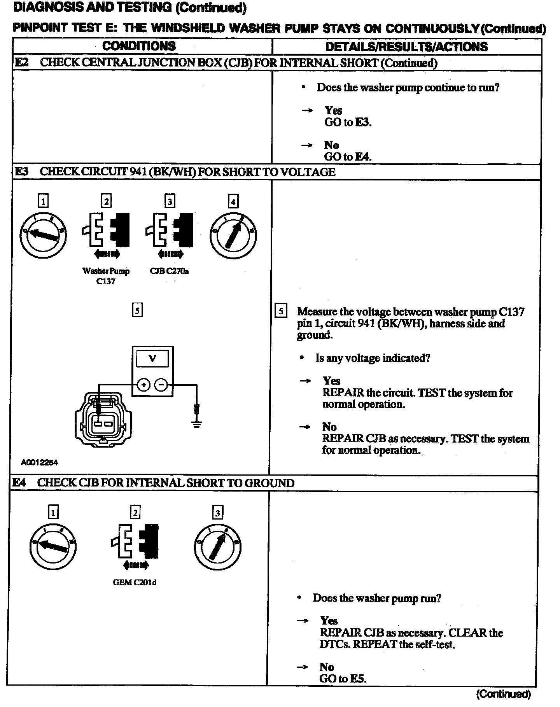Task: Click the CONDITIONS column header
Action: pos(139,46)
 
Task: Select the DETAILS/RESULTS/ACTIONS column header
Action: pos(406,47)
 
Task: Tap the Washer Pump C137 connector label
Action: pos(106,276)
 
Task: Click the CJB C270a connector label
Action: pos(169,271)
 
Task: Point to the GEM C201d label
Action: pos(135,582)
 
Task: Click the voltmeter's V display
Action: pos(152,359)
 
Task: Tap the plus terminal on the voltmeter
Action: pos(143,385)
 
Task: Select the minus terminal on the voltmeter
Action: pos(161,385)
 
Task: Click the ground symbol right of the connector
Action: pos(197,423)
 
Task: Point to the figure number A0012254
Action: pos(39,462)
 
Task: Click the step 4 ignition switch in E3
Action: pos(233,233)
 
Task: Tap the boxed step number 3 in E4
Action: pos(217,513)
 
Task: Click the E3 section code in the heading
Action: pos(21,171)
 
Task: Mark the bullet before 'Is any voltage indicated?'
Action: pos(302,358)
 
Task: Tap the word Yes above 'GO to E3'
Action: pos(333,110)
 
